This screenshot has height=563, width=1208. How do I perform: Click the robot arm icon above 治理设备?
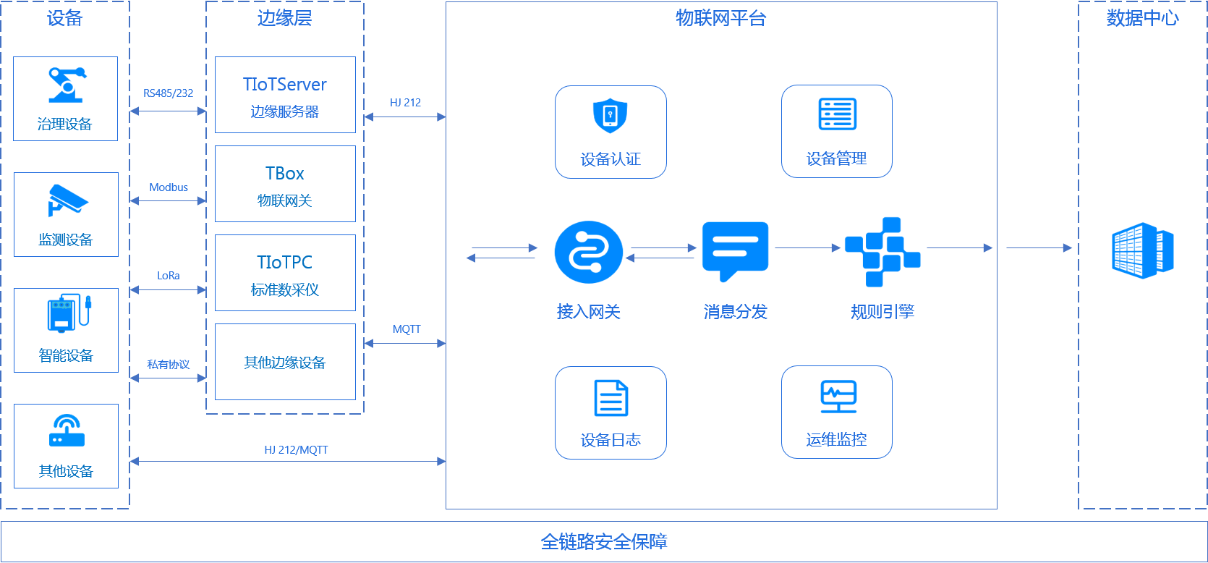point(66,85)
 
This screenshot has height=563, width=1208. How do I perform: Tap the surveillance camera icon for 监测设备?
point(67,200)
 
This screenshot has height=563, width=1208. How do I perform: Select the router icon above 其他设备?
point(67,431)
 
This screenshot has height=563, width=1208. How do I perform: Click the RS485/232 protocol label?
point(168,93)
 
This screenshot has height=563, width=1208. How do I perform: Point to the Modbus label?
point(169,187)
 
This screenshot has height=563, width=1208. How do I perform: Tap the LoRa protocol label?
point(168,276)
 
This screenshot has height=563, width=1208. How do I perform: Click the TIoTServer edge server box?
point(285,95)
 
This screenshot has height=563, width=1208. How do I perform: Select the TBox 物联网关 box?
point(285,184)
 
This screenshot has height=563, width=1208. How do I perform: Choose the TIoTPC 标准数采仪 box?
point(285,273)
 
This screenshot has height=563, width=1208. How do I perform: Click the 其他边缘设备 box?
point(285,362)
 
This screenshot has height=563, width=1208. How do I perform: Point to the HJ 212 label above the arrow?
point(405,103)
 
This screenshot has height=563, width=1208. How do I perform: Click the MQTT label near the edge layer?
point(407,329)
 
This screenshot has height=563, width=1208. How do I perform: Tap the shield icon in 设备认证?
point(610,116)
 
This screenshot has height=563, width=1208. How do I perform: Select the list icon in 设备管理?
point(837,114)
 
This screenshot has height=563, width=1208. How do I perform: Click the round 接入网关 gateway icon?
point(588,253)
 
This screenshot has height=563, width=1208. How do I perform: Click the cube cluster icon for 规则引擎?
point(882,251)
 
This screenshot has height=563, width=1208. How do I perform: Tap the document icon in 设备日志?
point(611,398)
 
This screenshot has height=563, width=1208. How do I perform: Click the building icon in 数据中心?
point(1142,250)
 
